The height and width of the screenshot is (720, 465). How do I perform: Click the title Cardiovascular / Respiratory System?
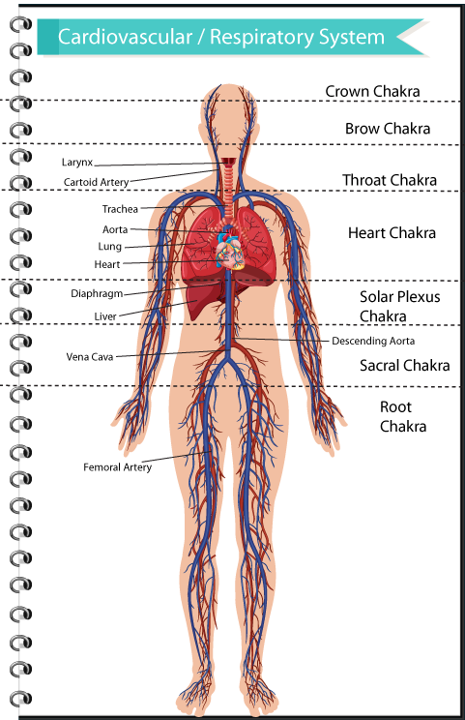click(x=221, y=37)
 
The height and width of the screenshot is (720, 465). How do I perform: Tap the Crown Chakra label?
click(x=372, y=91)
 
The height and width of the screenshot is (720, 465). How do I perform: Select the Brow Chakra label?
click(x=388, y=129)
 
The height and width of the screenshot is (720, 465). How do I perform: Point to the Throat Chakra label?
click(x=390, y=180)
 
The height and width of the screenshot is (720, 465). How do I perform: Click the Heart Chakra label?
click(x=392, y=233)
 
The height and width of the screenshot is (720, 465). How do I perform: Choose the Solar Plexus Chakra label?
click(x=399, y=306)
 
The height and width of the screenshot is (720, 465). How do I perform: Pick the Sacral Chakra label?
click(x=404, y=366)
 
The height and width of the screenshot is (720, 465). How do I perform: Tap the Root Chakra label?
click(x=402, y=416)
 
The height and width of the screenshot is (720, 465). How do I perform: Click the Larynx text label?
click(x=77, y=163)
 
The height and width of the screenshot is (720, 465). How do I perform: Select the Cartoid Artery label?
click(x=97, y=182)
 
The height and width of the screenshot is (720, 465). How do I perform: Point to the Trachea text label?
click(x=120, y=209)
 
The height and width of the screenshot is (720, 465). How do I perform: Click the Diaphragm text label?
click(x=97, y=294)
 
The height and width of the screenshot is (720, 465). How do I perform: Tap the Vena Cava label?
click(x=89, y=357)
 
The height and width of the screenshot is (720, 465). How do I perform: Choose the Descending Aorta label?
click(x=373, y=341)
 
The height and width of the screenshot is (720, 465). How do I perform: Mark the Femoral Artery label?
click(x=117, y=467)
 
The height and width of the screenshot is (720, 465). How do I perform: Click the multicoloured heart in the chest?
click(x=231, y=252)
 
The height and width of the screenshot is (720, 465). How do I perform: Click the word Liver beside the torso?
click(x=105, y=316)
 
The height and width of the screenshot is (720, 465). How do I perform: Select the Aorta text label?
click(x=115, y=229)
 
